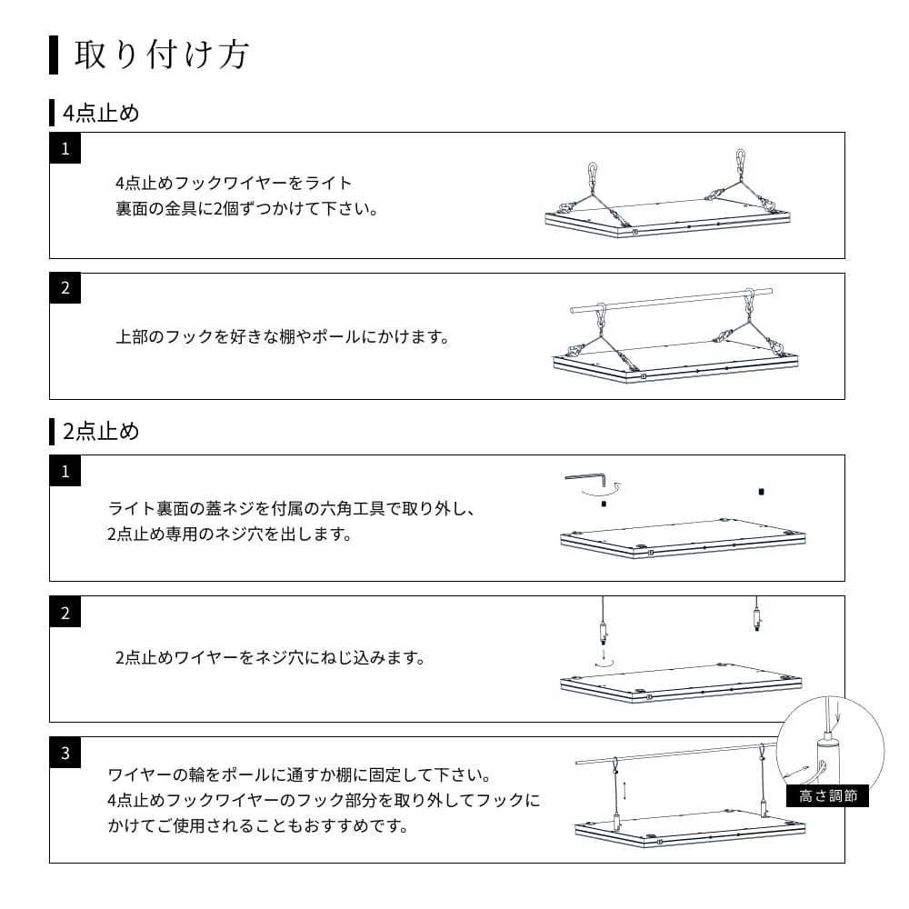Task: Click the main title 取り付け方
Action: click(162, 55)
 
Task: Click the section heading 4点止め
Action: click(101, 113)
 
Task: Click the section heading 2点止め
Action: click(101, 431)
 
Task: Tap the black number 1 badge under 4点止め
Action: click(65, 148)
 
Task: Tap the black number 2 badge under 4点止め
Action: click(65, 288)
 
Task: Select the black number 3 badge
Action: click(65, 753)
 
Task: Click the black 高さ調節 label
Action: click(828, 795)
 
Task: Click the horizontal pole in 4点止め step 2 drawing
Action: click(672, 300)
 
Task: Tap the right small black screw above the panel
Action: click(761, 492)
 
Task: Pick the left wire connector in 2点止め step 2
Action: click(604, 633)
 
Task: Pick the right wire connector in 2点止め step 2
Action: click(757, 618)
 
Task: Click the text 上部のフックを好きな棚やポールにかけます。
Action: click(283, 337)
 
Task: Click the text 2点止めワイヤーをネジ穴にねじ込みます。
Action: click(271, 657)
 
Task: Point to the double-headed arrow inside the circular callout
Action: click(796, 773)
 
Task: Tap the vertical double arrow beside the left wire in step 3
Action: click(625, 791)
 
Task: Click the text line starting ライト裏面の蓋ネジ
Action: click(292, 509)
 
